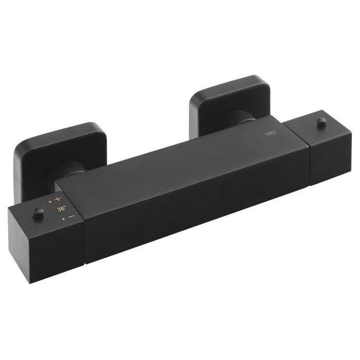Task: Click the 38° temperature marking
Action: point(61,209)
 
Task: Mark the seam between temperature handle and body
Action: point(83,231)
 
